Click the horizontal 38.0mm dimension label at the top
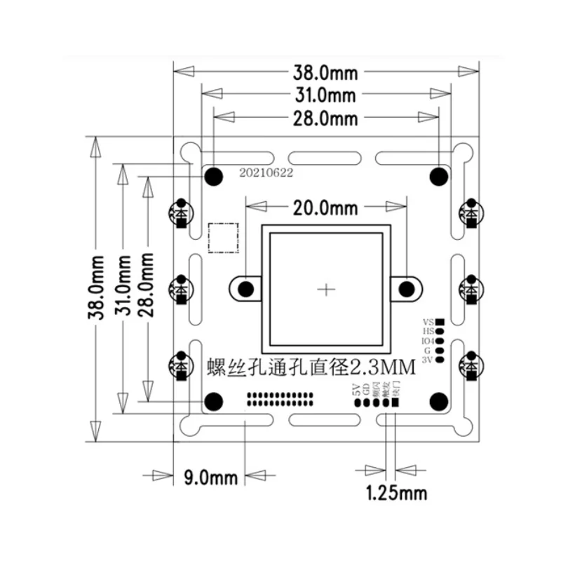pos(326,71)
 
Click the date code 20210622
pos(266,170)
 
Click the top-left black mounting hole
pos(213,175)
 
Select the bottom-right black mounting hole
pos(439,400)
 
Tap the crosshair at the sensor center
pos(326,289)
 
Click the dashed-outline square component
pos(224,237)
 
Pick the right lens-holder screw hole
pos(405,289)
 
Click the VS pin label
pos(428,320)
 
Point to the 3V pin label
pos(427,360)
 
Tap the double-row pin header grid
pos(280,400)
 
